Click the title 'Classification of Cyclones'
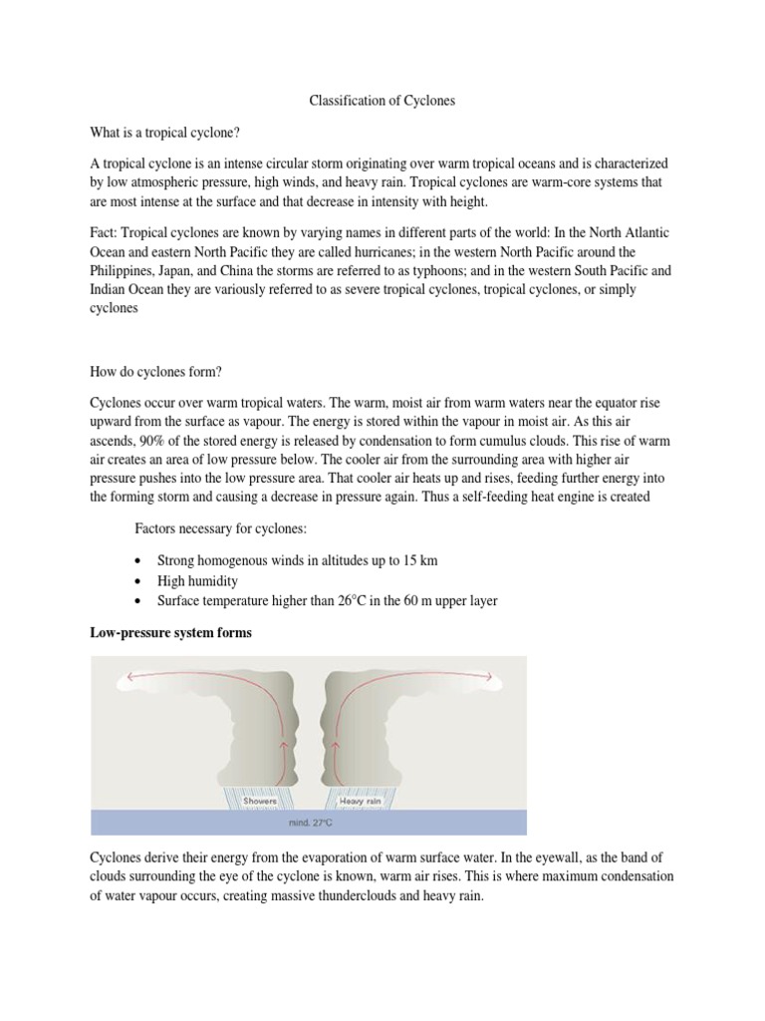pyautogui.click(x=382, y=101)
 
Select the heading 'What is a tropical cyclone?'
pyautogui.click(x=167, y=132)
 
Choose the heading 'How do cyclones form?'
pyautogui.click(x=156, y=372)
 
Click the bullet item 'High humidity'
pyautogui.click(x=198, y=580)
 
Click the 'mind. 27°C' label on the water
pyautogui.click(x=308, y=825)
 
